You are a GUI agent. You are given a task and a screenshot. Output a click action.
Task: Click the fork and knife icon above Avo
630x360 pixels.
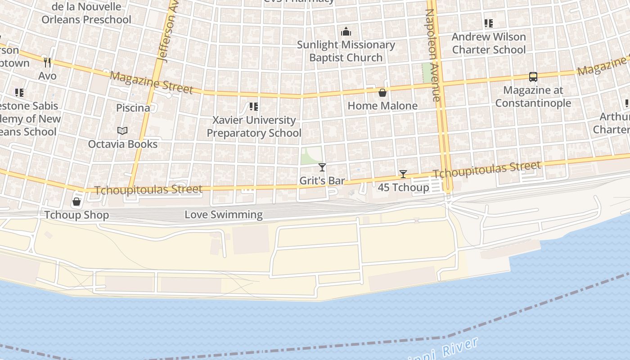click(x=47, y=62)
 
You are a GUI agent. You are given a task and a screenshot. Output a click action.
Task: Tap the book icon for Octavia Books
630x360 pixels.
click(x=122, y=130)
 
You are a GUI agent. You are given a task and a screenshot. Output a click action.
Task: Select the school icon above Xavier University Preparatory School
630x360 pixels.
click(x=254, y=107)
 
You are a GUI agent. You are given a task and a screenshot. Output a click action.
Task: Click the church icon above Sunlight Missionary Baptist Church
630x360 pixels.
click(x=346, y=31)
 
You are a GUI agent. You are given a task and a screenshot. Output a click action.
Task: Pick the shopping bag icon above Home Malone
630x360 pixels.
click(x=382, y=93)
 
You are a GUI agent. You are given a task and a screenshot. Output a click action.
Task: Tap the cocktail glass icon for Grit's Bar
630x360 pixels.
click(x=322, y=167)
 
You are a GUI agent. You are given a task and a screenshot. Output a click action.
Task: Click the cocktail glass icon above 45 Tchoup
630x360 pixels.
click(x=403, y=174)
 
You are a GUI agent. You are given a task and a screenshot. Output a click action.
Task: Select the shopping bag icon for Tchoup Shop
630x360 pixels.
click(x=76, y=202)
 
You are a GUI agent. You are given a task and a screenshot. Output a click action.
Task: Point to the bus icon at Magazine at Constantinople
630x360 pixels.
click(x=533, y=77)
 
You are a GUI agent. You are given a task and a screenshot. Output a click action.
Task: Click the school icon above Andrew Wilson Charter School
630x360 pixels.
click(x=488, y=23)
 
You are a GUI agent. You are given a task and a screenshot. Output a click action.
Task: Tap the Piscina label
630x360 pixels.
click(x=133, y=108)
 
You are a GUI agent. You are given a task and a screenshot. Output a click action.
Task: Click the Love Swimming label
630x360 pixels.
click(x=224, y=215)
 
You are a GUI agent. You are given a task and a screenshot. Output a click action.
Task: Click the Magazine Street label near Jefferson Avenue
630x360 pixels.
click(x=151, y=82)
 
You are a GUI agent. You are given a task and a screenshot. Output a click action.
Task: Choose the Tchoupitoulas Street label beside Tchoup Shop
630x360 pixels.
click(x=148, y=189)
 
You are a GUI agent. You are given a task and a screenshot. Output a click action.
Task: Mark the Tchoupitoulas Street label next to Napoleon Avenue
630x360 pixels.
click(x=486, y=170)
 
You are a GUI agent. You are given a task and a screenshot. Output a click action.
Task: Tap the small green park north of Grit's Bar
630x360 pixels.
click(x=311, y=155)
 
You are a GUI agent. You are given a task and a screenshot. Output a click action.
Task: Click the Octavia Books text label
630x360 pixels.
click(x=122, y=144)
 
